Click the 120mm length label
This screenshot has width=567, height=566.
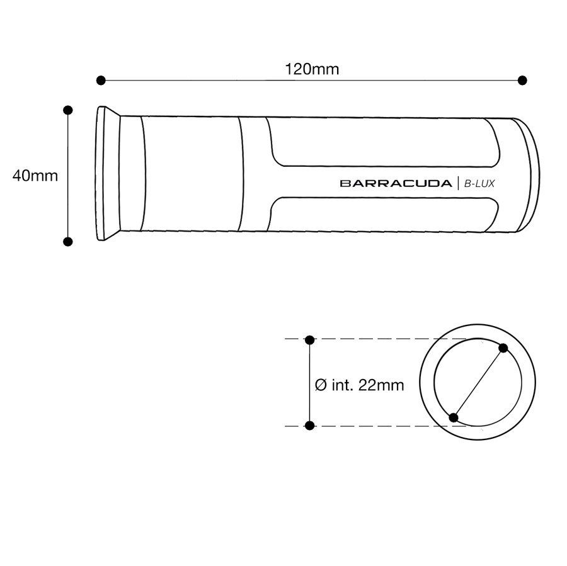(312, 69)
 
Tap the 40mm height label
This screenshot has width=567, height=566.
(35, 176)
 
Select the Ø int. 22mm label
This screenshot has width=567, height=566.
(360, 385)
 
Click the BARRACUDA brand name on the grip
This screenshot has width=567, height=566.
(396, 183)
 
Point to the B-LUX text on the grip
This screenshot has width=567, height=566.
(479, 184)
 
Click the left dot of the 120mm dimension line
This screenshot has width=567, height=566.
(101, 80)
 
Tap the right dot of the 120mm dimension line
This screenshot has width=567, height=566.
(522, 80)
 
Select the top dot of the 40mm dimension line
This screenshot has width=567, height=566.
(67, 110)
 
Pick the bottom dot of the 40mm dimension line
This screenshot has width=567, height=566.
(67, 241)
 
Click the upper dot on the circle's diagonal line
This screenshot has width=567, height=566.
(503, 348)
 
